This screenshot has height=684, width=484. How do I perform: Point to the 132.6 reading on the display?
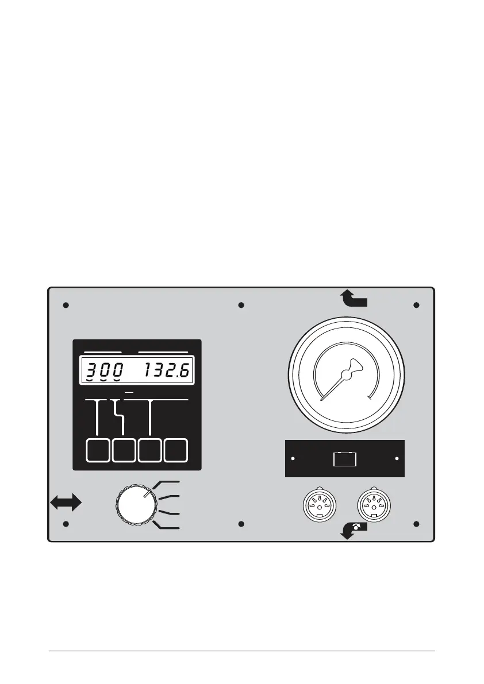(x=167, y=371)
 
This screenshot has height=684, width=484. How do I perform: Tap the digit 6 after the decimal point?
(x=186, y=371)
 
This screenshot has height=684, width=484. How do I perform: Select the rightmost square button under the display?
(x=176, y=451)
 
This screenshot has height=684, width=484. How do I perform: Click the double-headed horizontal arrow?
(x=66, y=503)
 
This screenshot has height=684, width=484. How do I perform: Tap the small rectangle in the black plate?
(x=345, y=459)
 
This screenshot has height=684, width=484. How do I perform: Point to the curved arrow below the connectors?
(x=354, y=530)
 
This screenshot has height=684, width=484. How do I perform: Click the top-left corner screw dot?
(x=66, y=305)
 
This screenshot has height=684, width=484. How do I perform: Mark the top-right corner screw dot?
(x=416, y=305)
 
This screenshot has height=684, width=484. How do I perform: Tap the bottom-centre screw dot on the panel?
(x=241, y=524)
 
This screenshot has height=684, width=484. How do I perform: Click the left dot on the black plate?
(x=293, y=459)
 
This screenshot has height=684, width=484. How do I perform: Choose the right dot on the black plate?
(x=397, y=459)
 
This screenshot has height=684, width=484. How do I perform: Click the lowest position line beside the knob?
(x=168, y=527)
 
